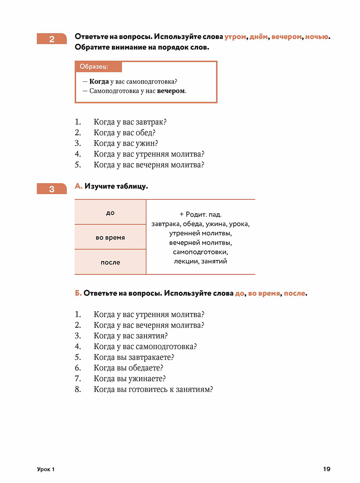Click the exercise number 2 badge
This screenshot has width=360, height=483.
click(52, 39)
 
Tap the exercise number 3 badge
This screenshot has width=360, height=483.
click(52, 189)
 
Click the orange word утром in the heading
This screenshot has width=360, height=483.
click(235, 37)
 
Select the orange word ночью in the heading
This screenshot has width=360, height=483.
click(317, 37)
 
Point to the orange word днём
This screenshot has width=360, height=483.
click(259, 37)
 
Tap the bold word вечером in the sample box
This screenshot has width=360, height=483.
click(171, 91)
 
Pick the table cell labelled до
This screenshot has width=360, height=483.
click(110, 213)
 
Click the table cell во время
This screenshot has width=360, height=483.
click(110, 237)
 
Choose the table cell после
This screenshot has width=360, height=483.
click(110, 262)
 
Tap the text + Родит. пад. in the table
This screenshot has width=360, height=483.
click(200, 215)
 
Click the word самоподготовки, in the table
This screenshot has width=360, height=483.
click(200, 252)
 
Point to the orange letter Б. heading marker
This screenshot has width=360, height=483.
click(78, 294)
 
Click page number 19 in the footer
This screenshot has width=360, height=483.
click(326, 469)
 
